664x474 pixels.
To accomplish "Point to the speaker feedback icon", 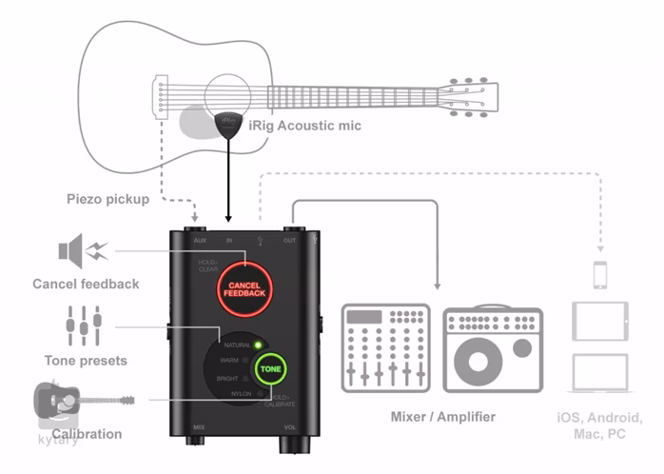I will (82, 251).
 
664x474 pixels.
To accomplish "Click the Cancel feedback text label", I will (86, 284).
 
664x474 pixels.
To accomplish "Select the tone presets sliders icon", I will (84, 326).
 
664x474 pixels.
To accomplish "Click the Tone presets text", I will (86, 361).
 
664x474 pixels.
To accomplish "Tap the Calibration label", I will (87, 434).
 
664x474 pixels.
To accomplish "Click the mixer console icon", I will (384, 348).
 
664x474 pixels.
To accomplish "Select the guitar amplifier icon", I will (494, 348).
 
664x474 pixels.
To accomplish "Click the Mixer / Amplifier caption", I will (443, 417).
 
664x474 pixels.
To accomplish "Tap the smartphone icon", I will (600, 274).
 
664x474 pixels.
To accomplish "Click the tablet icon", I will (599, 322).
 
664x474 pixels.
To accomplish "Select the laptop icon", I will (599, 372).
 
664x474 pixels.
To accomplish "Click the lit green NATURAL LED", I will (257, 344).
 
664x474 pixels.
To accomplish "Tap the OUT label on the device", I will (289, 240).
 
